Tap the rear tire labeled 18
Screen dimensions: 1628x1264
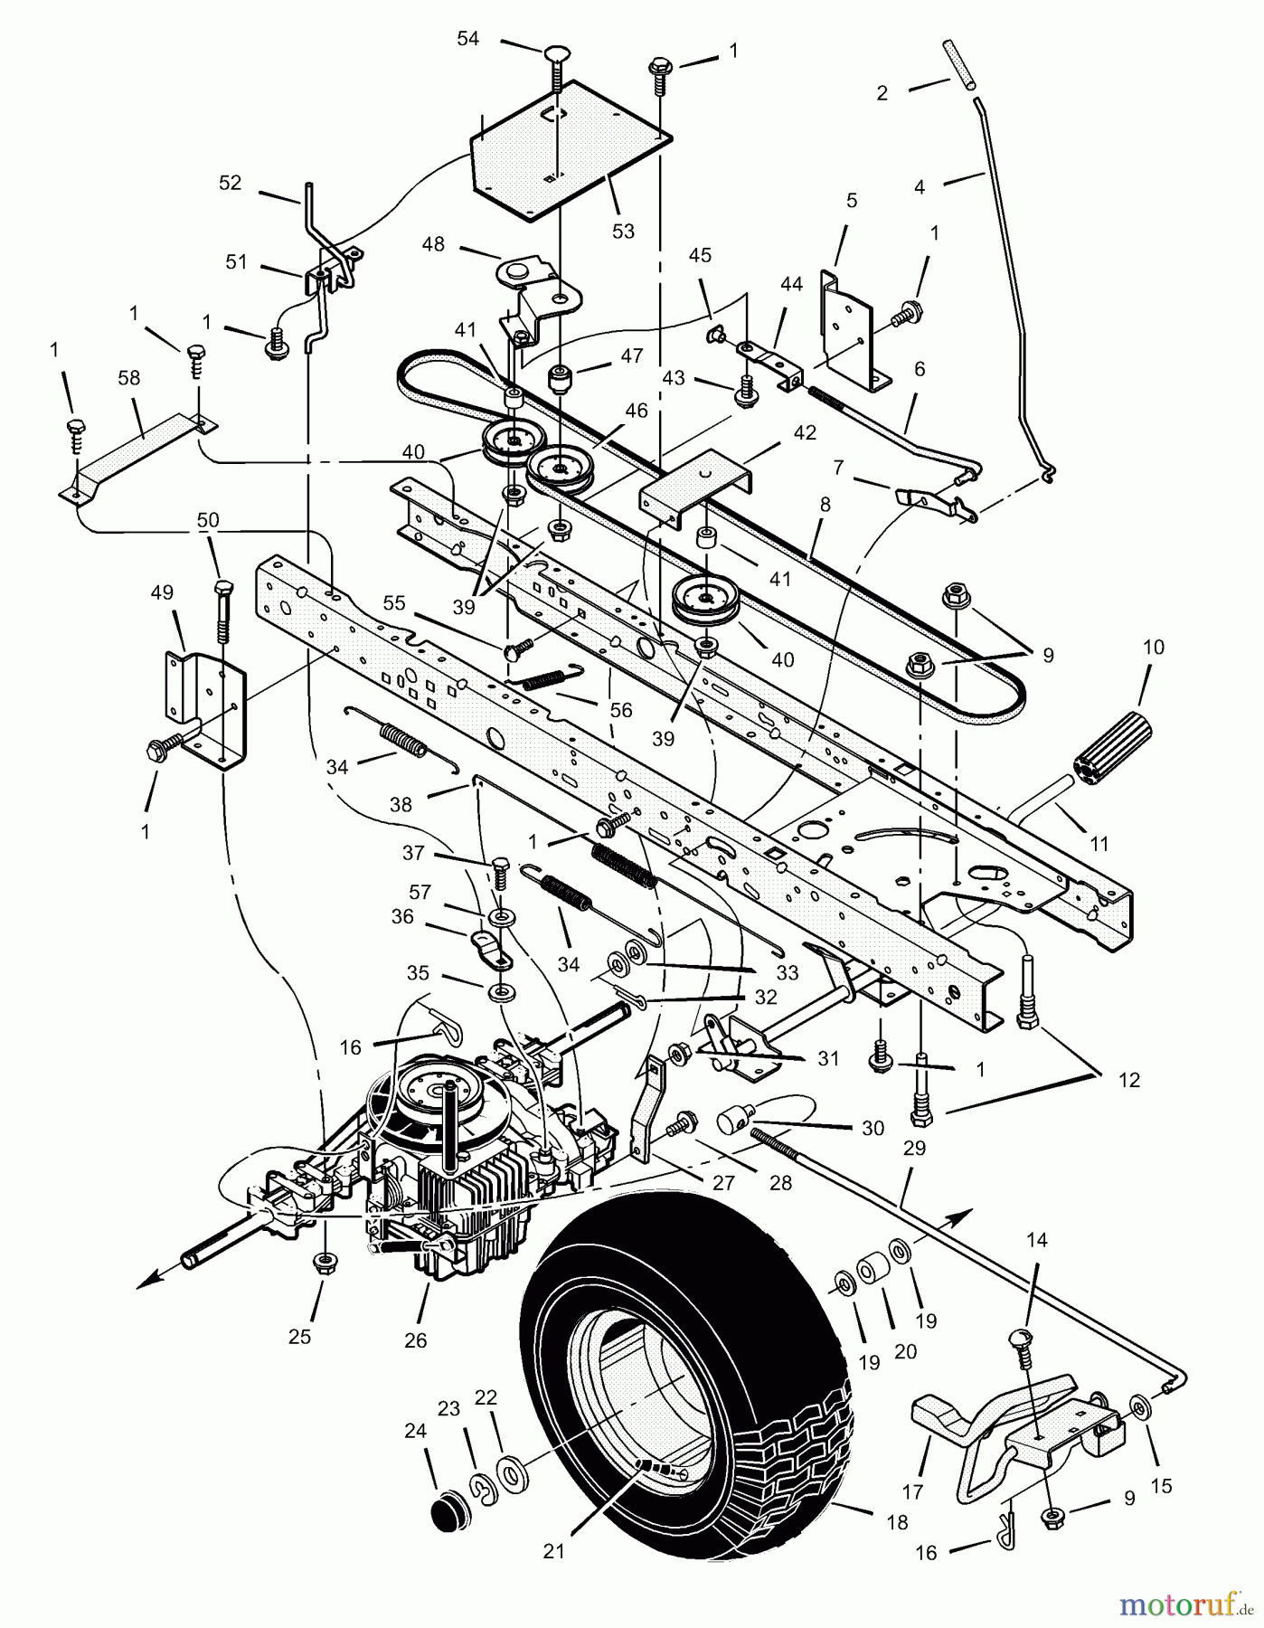tap(687, 1411)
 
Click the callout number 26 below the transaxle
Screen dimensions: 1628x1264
tap(415, 1340)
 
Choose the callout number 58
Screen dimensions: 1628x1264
tap(129, 378)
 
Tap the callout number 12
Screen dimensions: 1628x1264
tap(1129, 1079)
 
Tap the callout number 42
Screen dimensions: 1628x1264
tap(804, 433)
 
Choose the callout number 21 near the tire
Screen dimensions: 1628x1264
tap(553, 1551)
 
